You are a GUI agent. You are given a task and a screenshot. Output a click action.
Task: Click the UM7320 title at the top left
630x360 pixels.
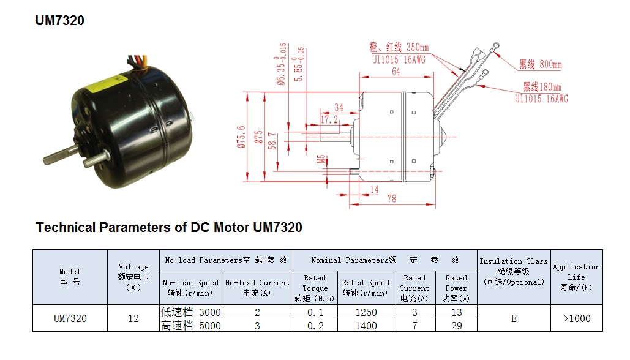(x=60, y=20)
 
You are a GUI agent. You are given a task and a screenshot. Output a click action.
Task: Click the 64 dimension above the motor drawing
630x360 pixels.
(x=396, y=72)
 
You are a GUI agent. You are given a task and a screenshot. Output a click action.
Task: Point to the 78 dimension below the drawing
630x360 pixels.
(x=392, y=198)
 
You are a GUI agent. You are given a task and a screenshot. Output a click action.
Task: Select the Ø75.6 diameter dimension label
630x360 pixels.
(x=241, y=137)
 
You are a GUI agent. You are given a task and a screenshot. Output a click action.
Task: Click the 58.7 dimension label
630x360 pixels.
(x=272, y=141)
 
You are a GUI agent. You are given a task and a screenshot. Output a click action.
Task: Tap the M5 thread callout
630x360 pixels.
(x=321, y=159)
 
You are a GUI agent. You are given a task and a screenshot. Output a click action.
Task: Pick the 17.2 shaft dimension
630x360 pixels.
(x=329, y=119)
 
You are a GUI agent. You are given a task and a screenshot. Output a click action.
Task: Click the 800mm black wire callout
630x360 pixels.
(x=541, y=64)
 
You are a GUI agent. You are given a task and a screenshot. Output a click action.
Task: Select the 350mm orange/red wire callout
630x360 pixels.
(x=399, y=47)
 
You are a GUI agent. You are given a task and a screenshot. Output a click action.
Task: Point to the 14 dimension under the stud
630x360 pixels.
(x=374, y=189)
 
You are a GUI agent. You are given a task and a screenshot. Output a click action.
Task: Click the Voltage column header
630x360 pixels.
(x=133, y=277)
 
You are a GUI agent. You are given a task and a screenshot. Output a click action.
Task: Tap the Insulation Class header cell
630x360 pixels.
(x=514, y=272)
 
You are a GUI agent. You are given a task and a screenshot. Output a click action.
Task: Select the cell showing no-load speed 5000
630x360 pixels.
(x=191, y=326)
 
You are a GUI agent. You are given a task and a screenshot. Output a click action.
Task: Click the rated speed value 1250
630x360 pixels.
(x=366, y=312)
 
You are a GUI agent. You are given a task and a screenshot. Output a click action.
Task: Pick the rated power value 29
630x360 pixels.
(x=457, y=326)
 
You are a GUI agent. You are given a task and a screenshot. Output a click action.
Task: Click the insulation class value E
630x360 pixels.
(x=514, y=318)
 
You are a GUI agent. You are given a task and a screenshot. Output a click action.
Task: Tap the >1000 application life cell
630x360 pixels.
(x=577, y=318)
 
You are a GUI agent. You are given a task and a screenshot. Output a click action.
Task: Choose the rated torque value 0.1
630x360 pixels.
(x=315, y=312)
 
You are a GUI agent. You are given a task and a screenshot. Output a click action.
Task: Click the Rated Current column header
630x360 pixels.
(x=414, y=288)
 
